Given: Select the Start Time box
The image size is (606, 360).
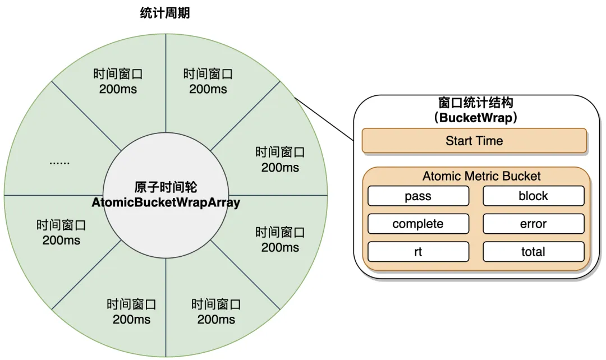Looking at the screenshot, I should coord(474,141).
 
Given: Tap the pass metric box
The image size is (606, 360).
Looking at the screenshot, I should coord(418,196).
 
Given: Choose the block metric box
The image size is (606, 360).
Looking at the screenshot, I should coord(533,196).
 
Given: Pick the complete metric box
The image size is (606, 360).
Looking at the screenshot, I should coord(418,224).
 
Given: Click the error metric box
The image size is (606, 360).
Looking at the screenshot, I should coord(533,224).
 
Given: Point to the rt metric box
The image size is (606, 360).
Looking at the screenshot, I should coord(418,252).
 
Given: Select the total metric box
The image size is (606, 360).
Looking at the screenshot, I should coord(533,252).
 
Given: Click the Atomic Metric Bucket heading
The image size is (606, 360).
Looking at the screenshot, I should coord(481,176).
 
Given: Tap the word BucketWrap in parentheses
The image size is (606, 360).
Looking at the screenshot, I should coord(474,118).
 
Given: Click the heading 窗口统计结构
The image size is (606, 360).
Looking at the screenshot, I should coord(475,104).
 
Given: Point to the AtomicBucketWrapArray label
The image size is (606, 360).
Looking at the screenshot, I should coord(166,202).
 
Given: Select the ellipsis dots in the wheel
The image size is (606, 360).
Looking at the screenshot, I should coord(59,162).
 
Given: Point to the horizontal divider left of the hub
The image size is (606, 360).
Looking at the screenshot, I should coord(53,195).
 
